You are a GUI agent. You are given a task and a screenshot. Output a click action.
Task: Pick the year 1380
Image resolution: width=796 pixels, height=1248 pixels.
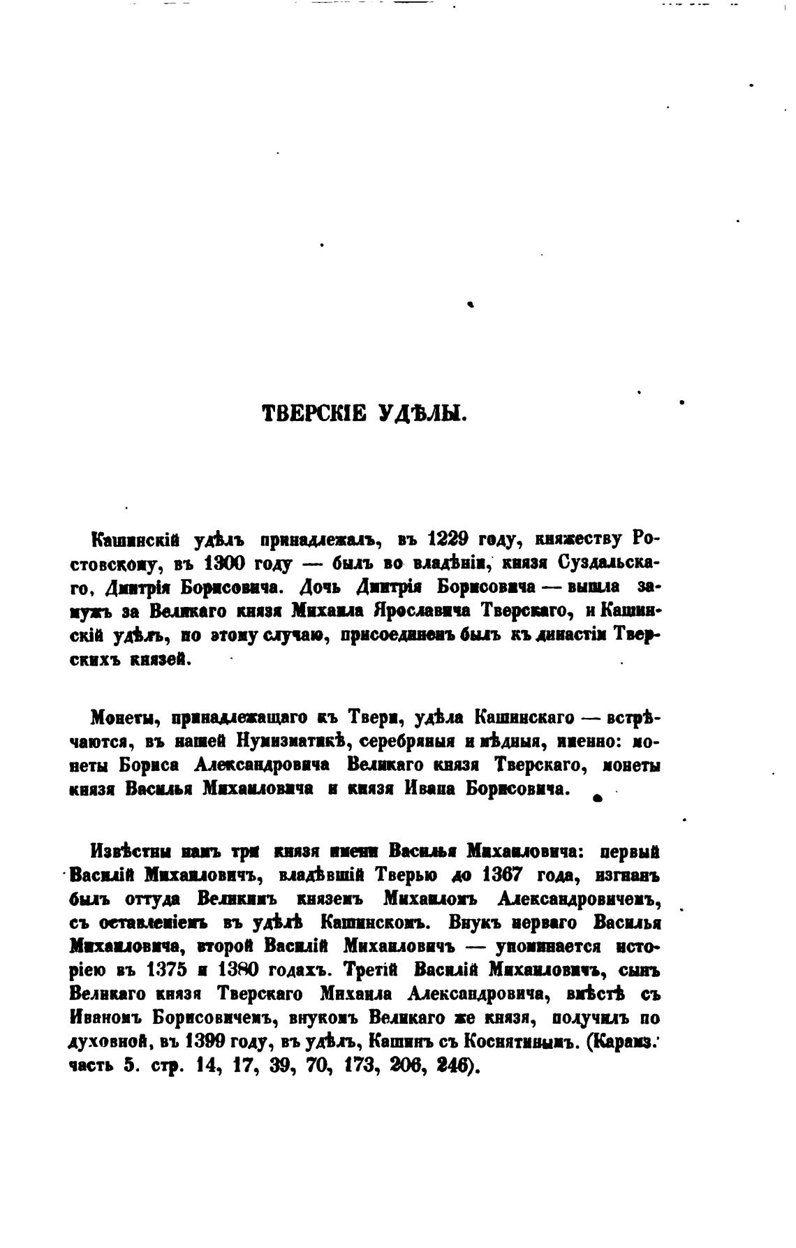[x=242, y=971]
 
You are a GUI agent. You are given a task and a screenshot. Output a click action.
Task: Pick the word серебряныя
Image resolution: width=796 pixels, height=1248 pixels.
[x=390, y=742]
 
